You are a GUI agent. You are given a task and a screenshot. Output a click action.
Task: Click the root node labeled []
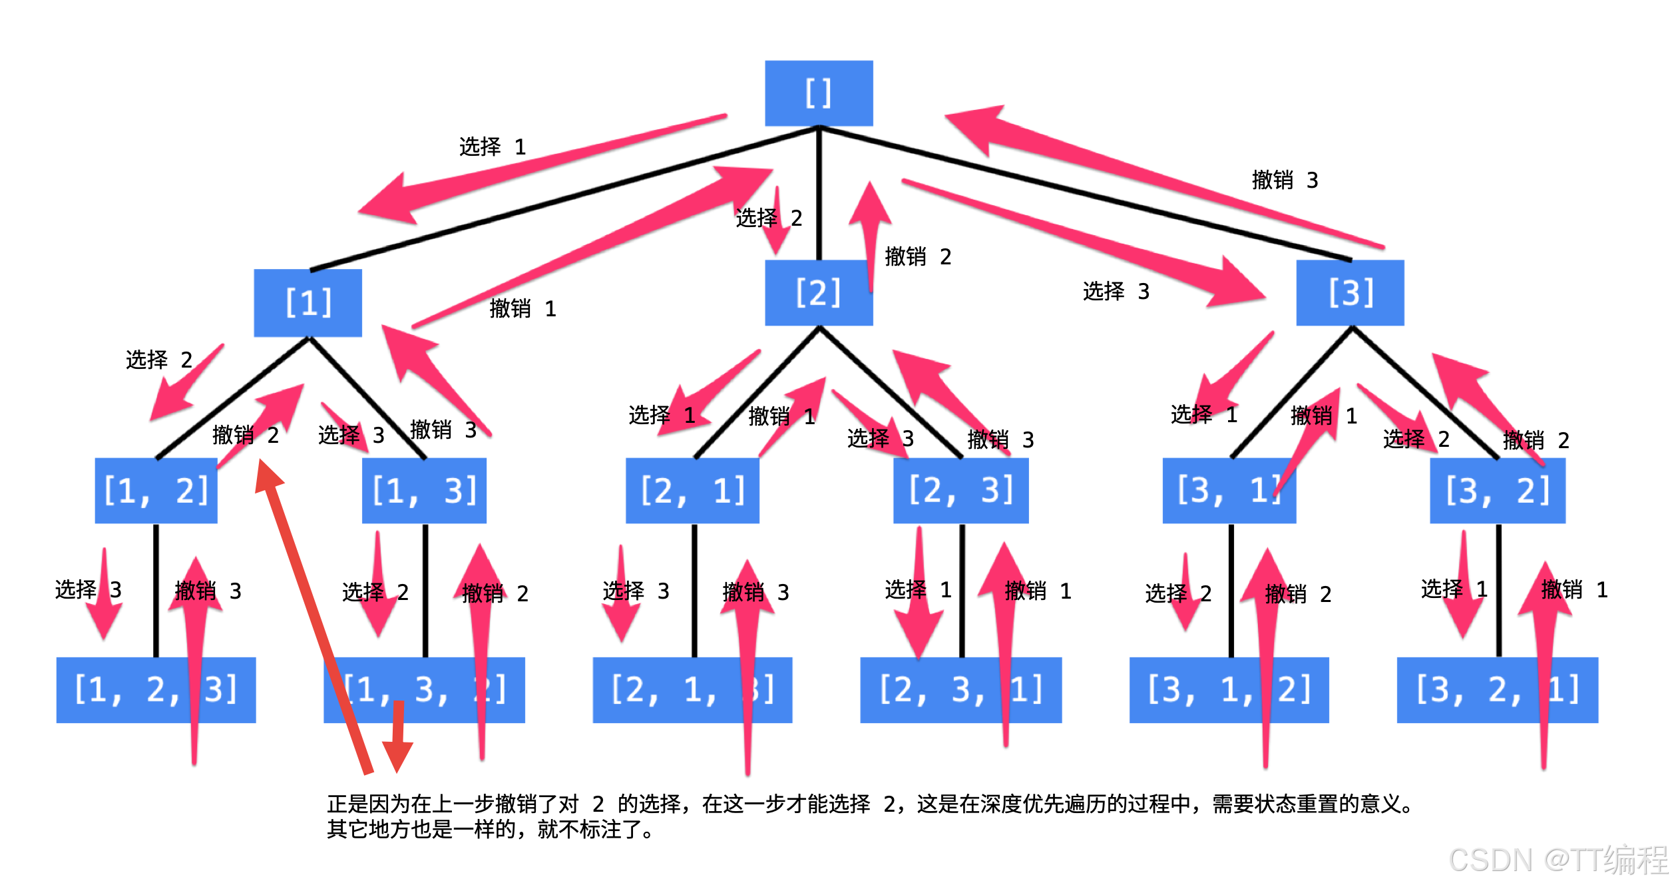(x=818, y=93)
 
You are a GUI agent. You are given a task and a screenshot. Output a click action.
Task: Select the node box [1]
(x=308, y=303)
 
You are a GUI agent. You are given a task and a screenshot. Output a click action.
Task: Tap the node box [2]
(x=818, y=292)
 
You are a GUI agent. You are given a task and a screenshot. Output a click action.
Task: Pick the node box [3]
(x=1350, y=292)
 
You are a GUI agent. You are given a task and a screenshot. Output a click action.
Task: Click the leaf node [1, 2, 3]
(x=156, y=690)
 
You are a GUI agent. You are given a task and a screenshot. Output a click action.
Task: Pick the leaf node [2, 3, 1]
(x=960, y=690)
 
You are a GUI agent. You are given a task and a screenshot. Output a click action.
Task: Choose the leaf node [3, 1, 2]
(x=1229, y=690)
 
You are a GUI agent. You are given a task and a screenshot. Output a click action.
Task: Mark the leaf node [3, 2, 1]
(x=1497, y=690)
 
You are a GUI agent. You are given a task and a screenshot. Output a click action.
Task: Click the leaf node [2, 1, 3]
(x=692, y=690)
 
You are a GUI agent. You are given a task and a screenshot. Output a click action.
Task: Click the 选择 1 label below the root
(x=493, y=147)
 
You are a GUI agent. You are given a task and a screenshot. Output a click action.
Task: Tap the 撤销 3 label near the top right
(x=1285, y=180)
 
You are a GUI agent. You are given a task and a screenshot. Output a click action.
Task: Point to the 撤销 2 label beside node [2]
(x=918, y=256)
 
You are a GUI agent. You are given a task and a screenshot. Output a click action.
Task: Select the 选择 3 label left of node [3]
(x=1116, y=291)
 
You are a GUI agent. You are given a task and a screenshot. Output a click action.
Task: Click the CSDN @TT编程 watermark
(x=1558, y=860)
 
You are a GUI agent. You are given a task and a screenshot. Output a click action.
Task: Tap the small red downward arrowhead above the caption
(x=397, y=756)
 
